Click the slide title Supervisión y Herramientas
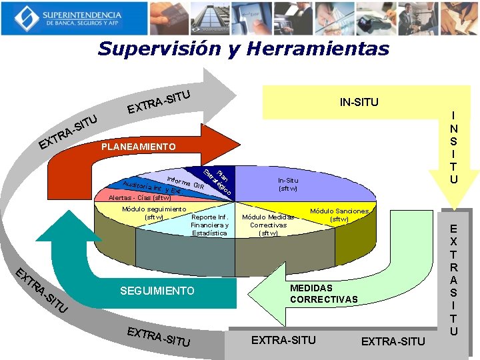[x=243, y=49]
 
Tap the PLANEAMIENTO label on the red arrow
[x=139, y=147]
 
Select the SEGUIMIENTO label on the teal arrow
[x=157, y=291]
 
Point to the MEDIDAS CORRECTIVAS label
[x=323, y=293]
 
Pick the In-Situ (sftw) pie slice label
[x=288, y=184]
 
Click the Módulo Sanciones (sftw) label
[x=339, y=214]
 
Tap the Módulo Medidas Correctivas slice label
[x=269, y=225]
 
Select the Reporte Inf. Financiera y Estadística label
[x=210, y=225]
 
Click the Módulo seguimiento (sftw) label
[x=154, y=213]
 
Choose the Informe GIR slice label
[x=186, y=181]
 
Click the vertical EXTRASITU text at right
[x=454, y=279]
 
